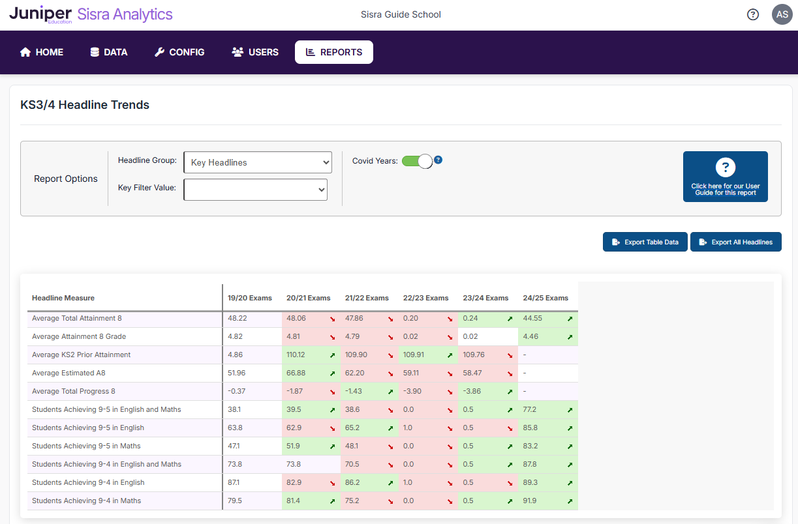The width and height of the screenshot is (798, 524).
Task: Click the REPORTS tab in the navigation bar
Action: [334, 52]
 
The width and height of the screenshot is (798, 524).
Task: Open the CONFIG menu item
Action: [179, 52]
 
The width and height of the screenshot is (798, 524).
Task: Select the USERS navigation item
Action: [255, 52]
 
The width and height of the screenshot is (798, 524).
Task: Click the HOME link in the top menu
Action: [42, 52]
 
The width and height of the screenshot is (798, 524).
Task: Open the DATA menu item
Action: [109, 52]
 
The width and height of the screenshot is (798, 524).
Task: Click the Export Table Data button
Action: [645, 242]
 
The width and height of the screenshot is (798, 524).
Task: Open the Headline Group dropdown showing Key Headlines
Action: [258, 162]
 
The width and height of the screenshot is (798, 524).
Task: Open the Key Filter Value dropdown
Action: [255, 190]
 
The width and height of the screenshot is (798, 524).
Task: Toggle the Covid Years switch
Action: [417, 161]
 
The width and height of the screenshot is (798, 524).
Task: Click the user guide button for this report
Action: [725, 177]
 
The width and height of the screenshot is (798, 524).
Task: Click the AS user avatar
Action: [782, 14]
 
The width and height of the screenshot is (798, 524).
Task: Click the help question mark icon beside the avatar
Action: [753, 14]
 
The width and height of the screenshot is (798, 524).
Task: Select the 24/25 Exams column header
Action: [545, 298]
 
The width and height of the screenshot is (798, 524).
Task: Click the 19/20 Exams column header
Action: [250, 298]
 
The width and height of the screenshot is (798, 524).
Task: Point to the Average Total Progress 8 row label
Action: [74, 391]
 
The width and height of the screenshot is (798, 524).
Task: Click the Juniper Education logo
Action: [40, 14]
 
